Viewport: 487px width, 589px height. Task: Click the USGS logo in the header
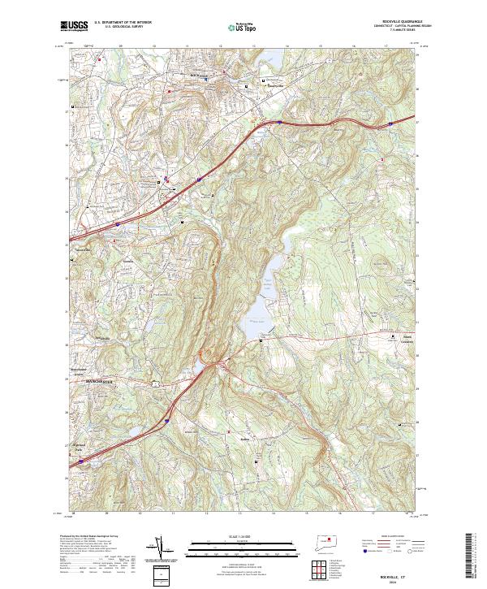[x=75, y=27]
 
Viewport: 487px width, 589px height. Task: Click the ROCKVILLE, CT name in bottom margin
[x=397, y=566]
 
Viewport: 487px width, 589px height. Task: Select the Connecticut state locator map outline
[x=325, y=542]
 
